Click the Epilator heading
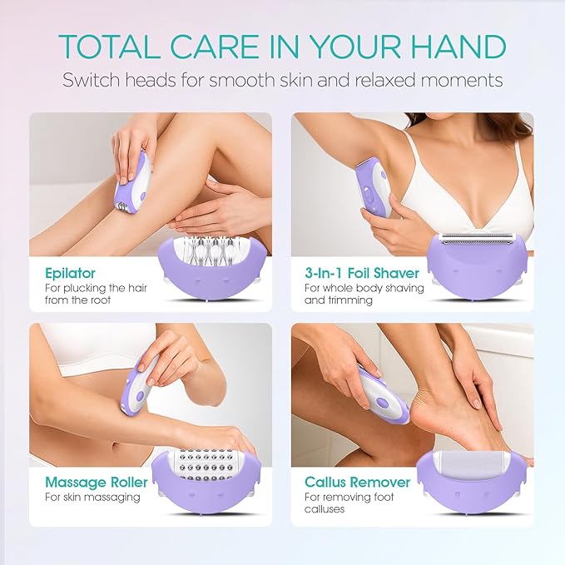[x=72, y=272]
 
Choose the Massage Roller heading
[x=97, y=483]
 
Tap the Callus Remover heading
[x=357, y=483]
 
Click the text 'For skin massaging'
[x=92, y=498]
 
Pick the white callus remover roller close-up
[x=479, y=465]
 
